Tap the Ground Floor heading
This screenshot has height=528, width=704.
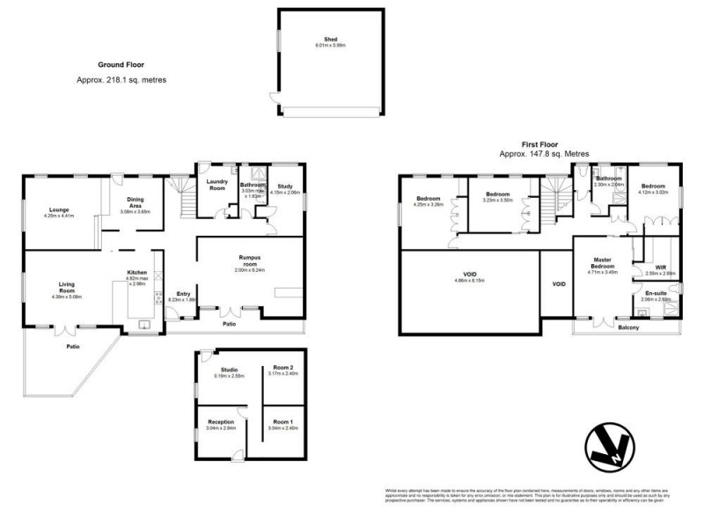point(121,64)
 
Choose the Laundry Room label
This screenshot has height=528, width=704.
point(217,184)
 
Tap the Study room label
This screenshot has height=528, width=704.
point(284,186)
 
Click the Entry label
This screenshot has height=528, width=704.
point(183,294)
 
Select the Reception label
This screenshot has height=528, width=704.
point(220,422)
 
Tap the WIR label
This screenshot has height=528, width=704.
point(661,267)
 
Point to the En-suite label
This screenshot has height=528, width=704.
point(656,293)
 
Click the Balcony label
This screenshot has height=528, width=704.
point(628,327)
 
